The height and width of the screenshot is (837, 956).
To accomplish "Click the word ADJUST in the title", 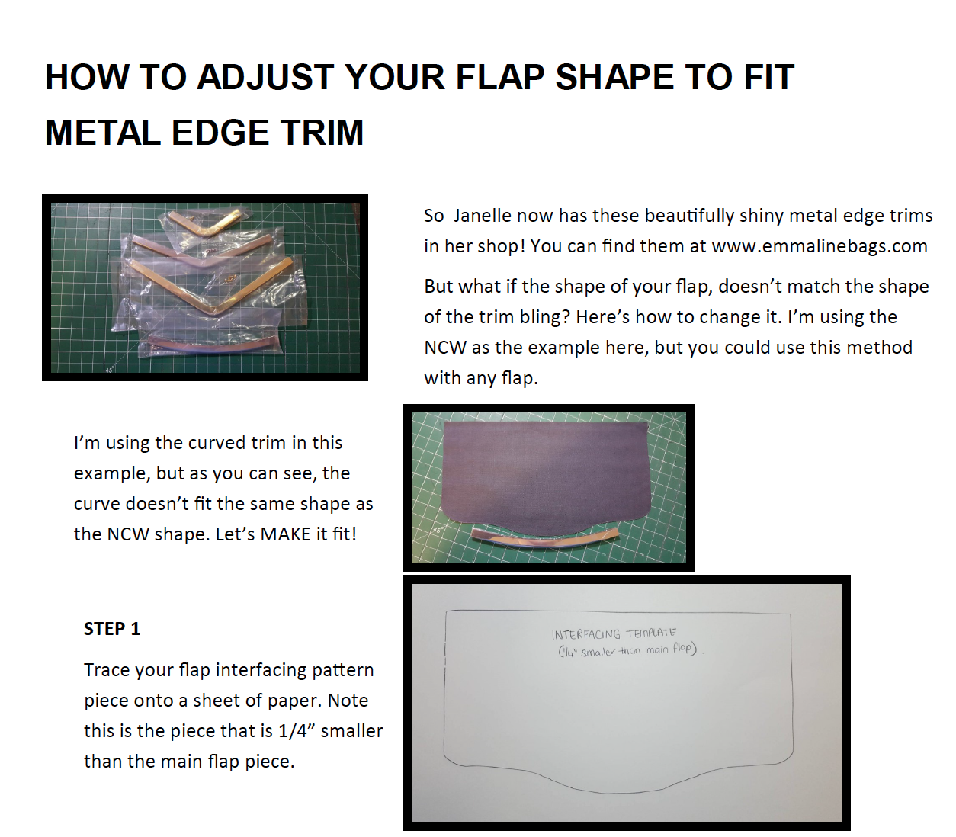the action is click(x=265, y=76).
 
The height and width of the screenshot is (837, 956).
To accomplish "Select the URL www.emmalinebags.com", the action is click(x=820, y=246).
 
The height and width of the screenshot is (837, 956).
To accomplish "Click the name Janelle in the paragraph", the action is click(x=483, y=216).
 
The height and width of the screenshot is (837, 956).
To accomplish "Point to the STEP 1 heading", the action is click(x=112, y=629).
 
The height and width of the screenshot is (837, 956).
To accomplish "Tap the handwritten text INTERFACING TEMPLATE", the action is click(x=614, y=633).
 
